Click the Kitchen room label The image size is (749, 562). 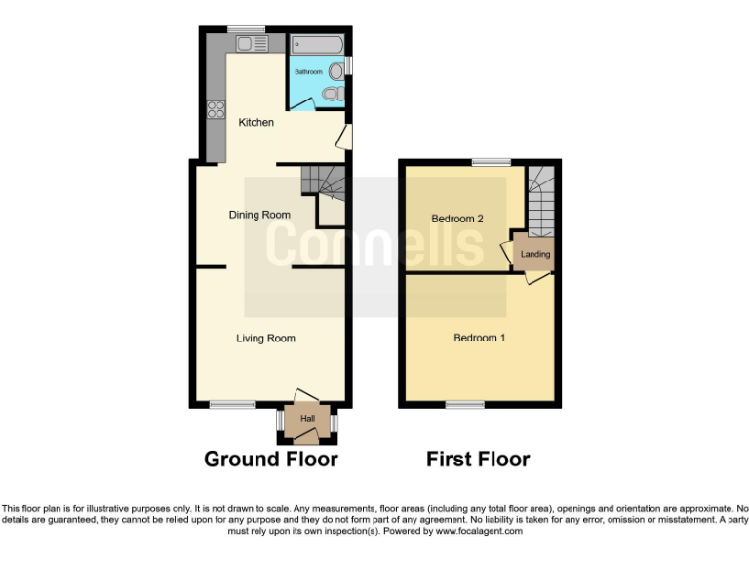[x=256, y=122]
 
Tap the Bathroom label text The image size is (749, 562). [x=309, y=71]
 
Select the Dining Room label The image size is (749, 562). [x=259, y=215]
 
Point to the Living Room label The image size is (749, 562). [x=265, y=339]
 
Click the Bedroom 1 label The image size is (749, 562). [x=480, y=339]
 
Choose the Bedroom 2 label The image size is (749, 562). [x=457, y=219]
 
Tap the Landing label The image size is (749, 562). [x=535, y=254]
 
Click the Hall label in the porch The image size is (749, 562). [x=308, y=419]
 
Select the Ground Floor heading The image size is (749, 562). [x=270, y=459]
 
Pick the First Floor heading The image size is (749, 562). [x=478, y=459]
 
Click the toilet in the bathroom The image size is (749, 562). [x=333, y=94]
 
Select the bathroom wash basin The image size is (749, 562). [x=336, y=70]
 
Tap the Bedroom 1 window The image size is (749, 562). [x=465, y=404]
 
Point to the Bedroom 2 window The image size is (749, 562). [x=492, y=161]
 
